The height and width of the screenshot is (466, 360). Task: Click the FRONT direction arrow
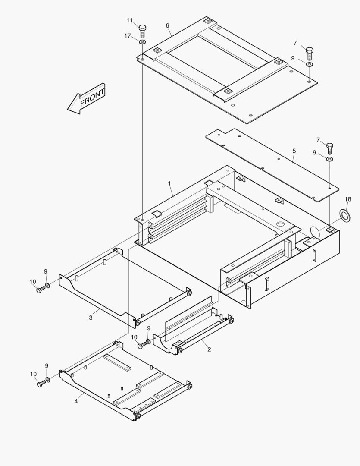pos(86,99)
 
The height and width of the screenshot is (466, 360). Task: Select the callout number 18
pos(348,199)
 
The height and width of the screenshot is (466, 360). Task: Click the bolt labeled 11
pos(143,31)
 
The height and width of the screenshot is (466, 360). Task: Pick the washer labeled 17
pos(142,42)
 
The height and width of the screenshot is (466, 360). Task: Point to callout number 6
pos(167,25)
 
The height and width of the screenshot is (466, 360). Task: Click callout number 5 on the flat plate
pos(294,151)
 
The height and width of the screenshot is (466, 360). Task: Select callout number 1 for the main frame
pos(169,183)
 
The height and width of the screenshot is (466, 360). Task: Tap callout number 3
pos(91,318)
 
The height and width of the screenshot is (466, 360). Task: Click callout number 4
pos(76,401)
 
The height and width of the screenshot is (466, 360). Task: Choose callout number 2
pos(209,349)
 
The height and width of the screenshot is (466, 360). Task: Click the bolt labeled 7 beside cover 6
pos(310,54)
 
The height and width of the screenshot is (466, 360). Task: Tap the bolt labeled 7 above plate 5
pos(330,148)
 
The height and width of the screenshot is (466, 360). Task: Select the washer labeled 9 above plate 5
pos(329,160)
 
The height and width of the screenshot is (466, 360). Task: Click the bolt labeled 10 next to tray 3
pos(40,290)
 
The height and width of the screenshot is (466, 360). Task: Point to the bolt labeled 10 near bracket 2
pos(142,345)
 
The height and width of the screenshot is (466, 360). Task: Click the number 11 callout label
pos(130,20)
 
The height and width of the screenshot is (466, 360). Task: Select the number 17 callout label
pos(128,36)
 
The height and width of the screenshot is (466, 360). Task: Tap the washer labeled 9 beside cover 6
pos(310,64)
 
